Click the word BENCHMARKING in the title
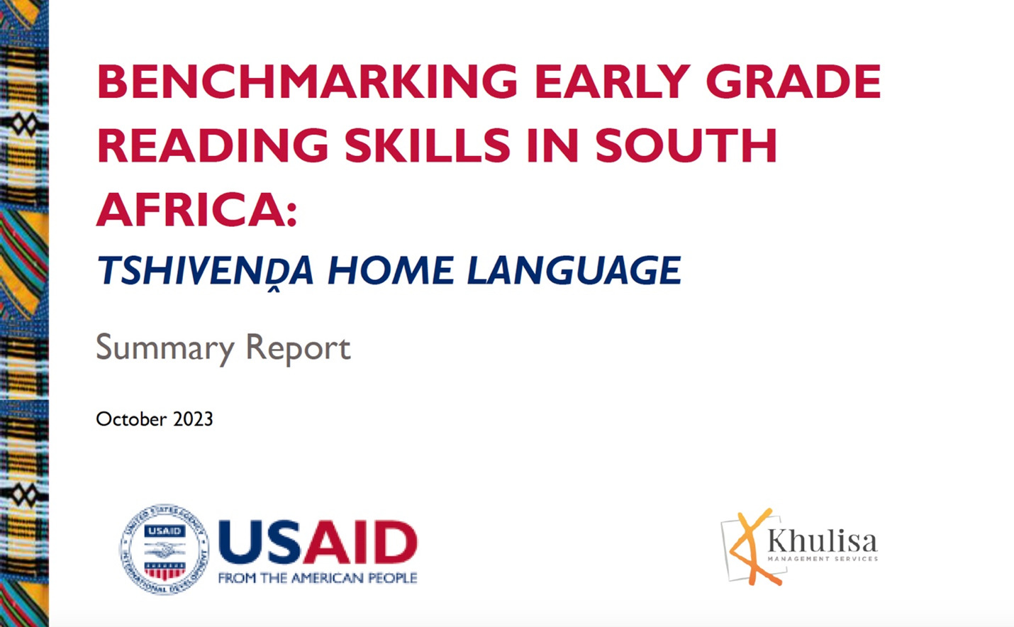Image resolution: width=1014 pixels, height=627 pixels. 307,81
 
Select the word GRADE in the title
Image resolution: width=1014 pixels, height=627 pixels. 793,81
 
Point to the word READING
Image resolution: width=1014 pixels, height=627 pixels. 212,145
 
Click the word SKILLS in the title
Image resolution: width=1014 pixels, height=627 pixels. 428,145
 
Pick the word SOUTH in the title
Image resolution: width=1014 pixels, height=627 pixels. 686,145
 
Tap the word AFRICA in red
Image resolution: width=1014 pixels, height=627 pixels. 191,210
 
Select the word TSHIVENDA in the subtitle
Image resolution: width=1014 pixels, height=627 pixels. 205,271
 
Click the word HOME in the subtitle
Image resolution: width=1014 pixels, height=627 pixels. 391,270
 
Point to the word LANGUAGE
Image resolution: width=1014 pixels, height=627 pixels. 574,270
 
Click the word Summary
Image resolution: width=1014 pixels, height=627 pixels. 165,348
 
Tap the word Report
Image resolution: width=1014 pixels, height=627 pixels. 298,348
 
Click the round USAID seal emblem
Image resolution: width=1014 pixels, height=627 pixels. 165,549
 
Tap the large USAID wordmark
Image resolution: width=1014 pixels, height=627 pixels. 318,543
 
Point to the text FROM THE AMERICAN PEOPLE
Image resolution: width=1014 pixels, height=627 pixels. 318,578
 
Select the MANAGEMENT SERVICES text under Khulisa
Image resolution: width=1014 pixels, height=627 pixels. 823,559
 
